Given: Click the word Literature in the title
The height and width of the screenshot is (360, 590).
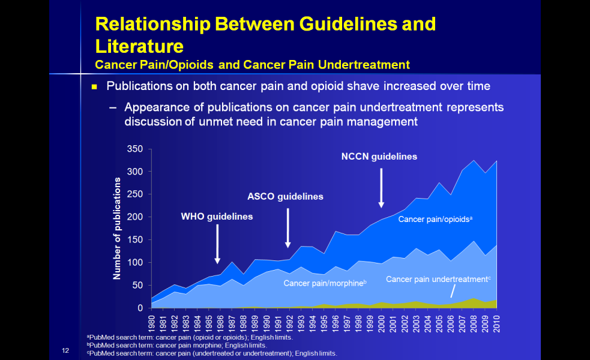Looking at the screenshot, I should pyautogui.click(x=139, y=46).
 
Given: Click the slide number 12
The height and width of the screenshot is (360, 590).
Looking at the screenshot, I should pyautogui.click(x=65, y=350).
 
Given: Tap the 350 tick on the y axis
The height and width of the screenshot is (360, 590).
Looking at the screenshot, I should pyautogui.click(x=135, y=149).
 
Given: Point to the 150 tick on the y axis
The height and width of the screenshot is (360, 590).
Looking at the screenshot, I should pyautogui.click(x=135, y=240).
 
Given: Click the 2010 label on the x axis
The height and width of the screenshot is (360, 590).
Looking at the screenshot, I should pyautogui.click(x=497, y=325).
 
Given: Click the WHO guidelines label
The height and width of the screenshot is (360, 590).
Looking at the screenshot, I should pyautogui.click(x=217, y=217).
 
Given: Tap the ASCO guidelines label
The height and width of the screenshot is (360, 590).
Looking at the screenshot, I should pyautogui.click(x=285, y=196).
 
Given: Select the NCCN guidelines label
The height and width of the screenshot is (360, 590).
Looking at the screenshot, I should pyautogui.click(x=379, y=157).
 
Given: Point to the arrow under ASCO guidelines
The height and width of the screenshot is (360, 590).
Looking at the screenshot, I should pyautogui.click(x=288, y=228).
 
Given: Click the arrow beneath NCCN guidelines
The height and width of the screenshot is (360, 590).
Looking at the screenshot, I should pyautogui.click(x=381, y=188).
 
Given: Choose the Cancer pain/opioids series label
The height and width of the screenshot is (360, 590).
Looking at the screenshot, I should pyautogui.click(x=436, y=220).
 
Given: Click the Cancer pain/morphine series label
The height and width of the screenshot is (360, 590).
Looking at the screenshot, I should pyautogui.click(x=325, y=283).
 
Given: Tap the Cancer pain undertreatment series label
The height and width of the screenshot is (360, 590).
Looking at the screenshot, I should pyautogui.click(x=438, y=279).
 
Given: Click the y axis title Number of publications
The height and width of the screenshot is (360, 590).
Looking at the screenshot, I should pyautogui.click(x=118, y=229).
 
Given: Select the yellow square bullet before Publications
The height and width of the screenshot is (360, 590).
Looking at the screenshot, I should pyautogui.click(x=94, y=87).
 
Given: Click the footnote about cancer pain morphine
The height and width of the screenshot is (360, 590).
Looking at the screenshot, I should pyautogui.click(x=177, y=345).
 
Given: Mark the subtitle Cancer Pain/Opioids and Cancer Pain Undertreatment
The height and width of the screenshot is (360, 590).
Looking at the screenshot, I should pyautogui.click(x=252, y=65).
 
